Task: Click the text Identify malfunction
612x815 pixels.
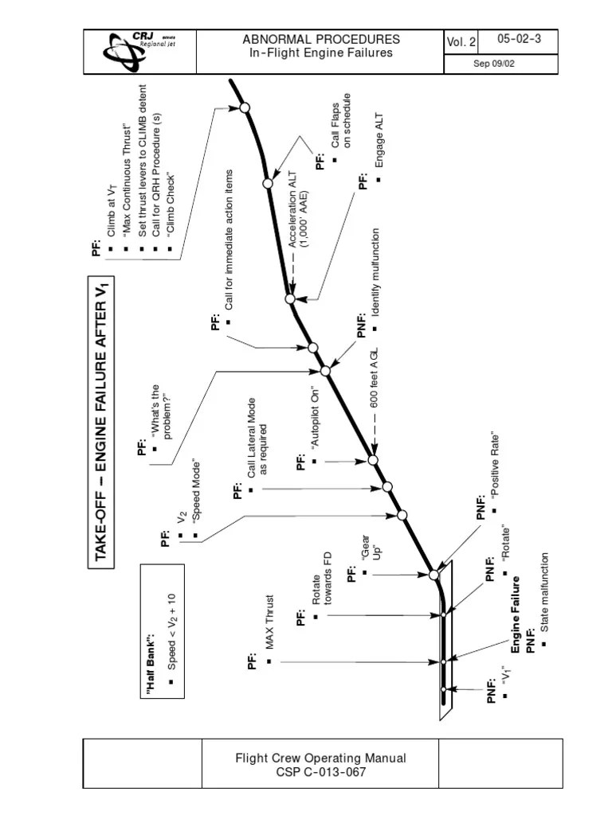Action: (x=375, y=271)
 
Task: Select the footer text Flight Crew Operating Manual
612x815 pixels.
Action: (x=320, y=758)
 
